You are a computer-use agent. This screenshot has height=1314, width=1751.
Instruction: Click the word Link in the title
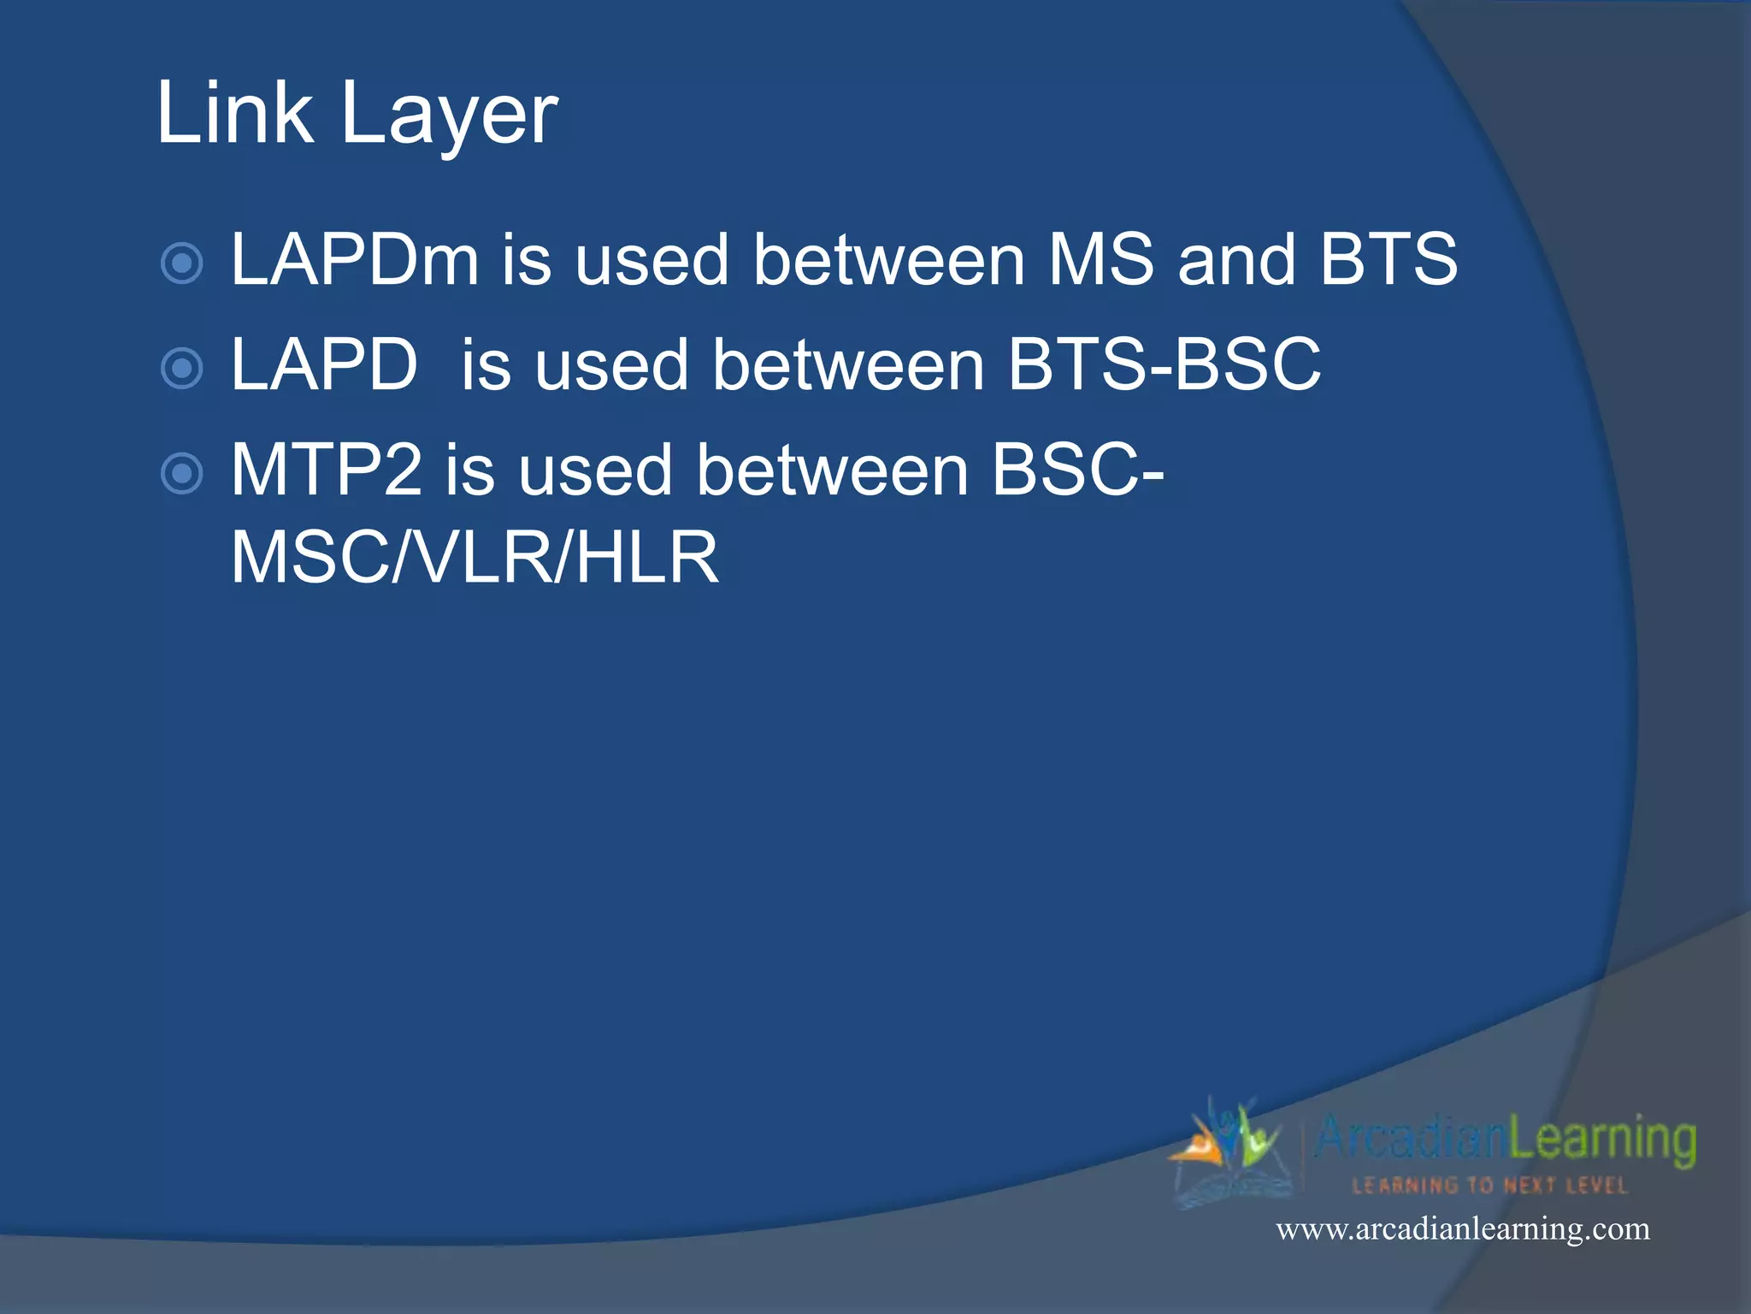click(x=235, y=112)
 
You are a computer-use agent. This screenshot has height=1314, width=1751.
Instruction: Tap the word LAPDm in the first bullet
click(x=355, y=259)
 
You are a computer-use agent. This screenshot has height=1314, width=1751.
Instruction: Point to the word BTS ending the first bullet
click(x=1388, y=259)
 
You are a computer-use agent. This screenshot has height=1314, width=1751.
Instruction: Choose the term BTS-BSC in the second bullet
click(x=1164, y=365)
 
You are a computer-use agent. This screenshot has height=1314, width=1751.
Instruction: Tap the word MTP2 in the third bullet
click(x=327, y=470)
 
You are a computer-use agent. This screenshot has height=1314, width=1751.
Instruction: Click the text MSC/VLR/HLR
click(x=475, y=558)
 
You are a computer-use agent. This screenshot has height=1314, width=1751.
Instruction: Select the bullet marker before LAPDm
click(x=182, y=263)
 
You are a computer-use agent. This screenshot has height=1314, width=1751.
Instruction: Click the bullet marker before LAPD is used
click(x=182, y=369)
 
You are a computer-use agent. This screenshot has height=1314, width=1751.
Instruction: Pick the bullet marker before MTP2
click(x=182, y=474)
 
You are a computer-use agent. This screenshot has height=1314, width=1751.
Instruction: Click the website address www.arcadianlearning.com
click(x=1463, y=1229)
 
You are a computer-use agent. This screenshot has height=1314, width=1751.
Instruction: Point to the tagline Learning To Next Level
click(x=1489, y=1186)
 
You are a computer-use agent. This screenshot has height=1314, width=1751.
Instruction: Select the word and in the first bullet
click(x=1236, y=259)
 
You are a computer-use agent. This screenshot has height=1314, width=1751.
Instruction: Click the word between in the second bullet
click(x=849, y=365)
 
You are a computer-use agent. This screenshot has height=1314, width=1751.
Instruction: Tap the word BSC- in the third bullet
click(x=1077, y=470)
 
